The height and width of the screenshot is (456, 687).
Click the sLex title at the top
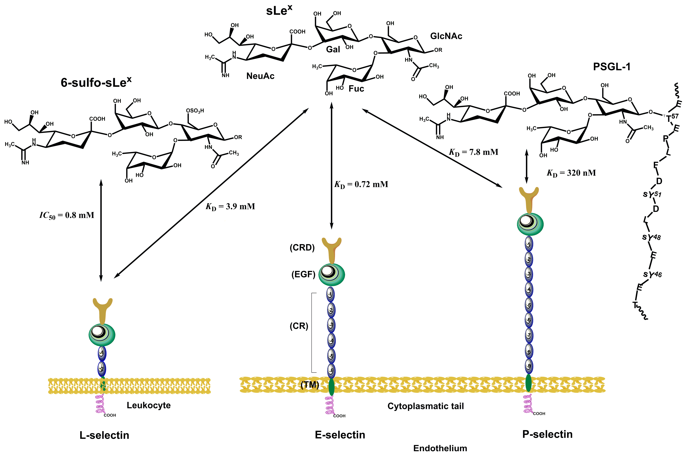279,11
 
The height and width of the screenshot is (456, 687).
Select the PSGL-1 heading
612,67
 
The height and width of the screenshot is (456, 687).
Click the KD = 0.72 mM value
361,185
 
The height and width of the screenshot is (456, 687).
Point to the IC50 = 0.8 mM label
67,216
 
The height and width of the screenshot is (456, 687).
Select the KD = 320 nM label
571,173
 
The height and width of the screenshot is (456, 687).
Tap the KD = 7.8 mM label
474,152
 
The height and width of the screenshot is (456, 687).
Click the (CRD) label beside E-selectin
302,247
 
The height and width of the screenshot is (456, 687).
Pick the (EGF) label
303,274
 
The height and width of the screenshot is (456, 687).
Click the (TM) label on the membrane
310,385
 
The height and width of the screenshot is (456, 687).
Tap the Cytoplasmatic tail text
425,406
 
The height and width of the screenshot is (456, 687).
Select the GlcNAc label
446,36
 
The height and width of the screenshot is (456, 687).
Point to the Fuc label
356,89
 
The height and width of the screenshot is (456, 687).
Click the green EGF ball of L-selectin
102,335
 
